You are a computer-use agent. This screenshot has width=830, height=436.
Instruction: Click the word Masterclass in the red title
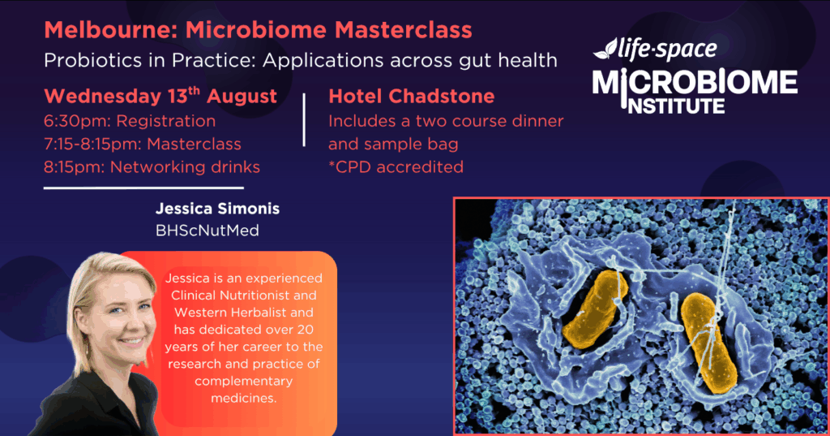click(403, 30)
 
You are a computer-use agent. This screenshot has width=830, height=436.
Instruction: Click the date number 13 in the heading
click(178, 97)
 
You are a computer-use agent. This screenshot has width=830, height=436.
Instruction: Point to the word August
click(242, 97)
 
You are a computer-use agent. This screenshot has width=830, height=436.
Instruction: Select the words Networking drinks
click(185, 167)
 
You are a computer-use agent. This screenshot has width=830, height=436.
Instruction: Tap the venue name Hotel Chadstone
click(411, 97)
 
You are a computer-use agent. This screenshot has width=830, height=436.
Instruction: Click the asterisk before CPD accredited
click(332, 164)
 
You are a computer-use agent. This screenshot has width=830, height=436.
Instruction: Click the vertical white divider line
click(304, 120)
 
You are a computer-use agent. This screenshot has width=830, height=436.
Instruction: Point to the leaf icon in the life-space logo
click(605, 50)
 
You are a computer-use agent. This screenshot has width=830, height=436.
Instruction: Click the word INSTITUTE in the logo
click(676, 106)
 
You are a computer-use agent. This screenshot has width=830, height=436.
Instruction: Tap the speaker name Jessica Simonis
click(217, 209)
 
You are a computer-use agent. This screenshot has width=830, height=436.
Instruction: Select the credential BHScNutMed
click(207, 231)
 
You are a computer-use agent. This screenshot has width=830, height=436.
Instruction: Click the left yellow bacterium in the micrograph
click(595, 309)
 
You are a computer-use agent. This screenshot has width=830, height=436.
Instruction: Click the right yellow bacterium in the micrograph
click(708, 343)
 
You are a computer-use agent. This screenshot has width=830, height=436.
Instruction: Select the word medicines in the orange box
click(243, 398)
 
